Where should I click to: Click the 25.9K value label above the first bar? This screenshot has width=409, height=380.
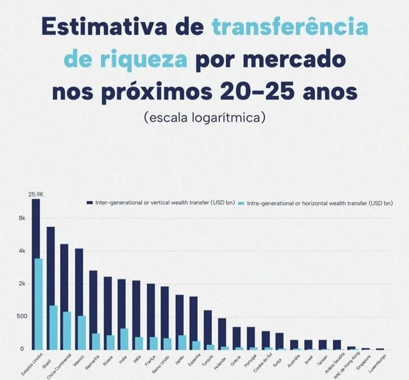tap(36, 195)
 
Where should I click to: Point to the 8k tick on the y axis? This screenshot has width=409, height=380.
tap(22, 218)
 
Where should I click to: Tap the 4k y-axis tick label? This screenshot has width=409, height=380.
tap(22, 251)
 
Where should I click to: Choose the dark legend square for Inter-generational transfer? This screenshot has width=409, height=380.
tap(89, 203)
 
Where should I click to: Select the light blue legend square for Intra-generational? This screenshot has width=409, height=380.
tap(241, 203)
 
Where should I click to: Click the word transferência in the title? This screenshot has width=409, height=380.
tap(290, 27)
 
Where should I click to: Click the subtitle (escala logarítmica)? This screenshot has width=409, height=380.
tap(204, 118)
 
